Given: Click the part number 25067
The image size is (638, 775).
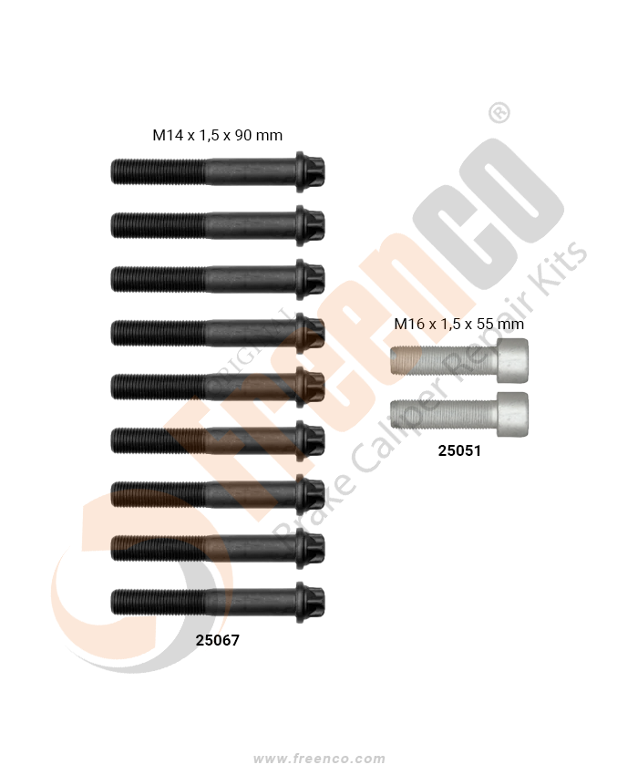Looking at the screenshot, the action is tap(218, 640).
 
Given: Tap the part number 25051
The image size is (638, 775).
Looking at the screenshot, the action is tap(459, 450).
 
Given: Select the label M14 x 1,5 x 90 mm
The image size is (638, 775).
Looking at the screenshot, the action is tap(218, 135).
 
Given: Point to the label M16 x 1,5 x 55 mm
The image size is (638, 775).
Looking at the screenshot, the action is tap(459, 324).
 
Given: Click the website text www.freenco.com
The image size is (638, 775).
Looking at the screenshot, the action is tap(319, 759).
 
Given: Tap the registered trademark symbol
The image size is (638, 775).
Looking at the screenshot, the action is tap(499, 113).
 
